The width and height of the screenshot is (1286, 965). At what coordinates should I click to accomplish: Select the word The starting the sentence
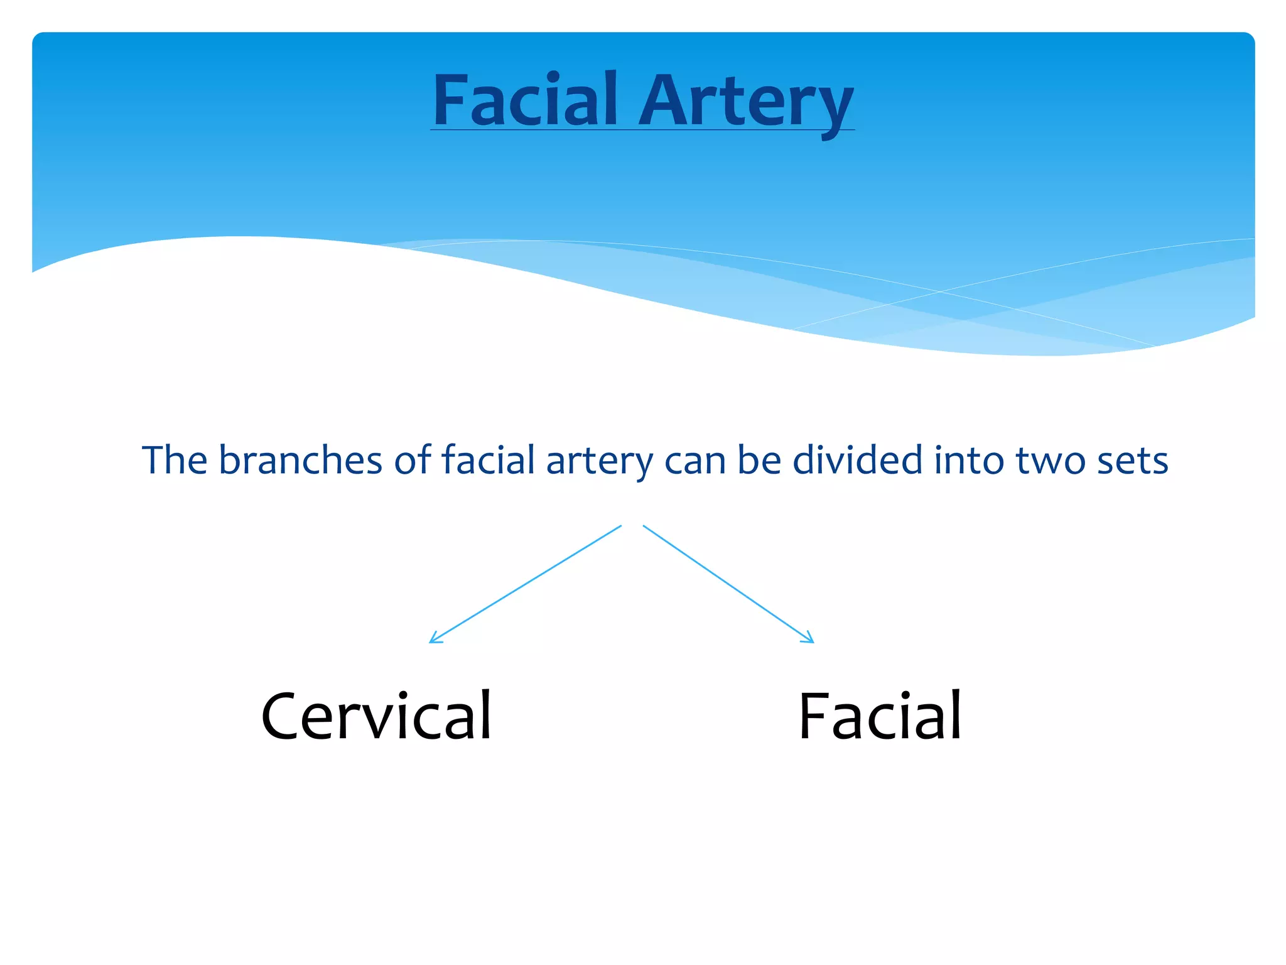pyautogui.click(x=175, y=460)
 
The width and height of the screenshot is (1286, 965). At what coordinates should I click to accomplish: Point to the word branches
pyautogui.click(x=300, y=460)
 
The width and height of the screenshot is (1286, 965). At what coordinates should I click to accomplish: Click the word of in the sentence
pyautogui.click(x=413, y=460)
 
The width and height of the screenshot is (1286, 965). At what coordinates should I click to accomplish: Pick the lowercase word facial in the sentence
pyautogui.click(x=488, y=460)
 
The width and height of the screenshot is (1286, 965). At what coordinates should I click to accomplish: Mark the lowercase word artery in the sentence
pyautogui.click(x=600, y=462)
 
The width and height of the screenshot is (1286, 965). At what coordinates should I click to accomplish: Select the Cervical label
pyautogui.click(x=376, y=716)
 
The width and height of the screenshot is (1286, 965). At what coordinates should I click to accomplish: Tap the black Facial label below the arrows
pyautogui.click(x=880, y=716)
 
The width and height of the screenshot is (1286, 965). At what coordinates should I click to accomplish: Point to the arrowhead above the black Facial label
pyautogui.click(x=809, y=639)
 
